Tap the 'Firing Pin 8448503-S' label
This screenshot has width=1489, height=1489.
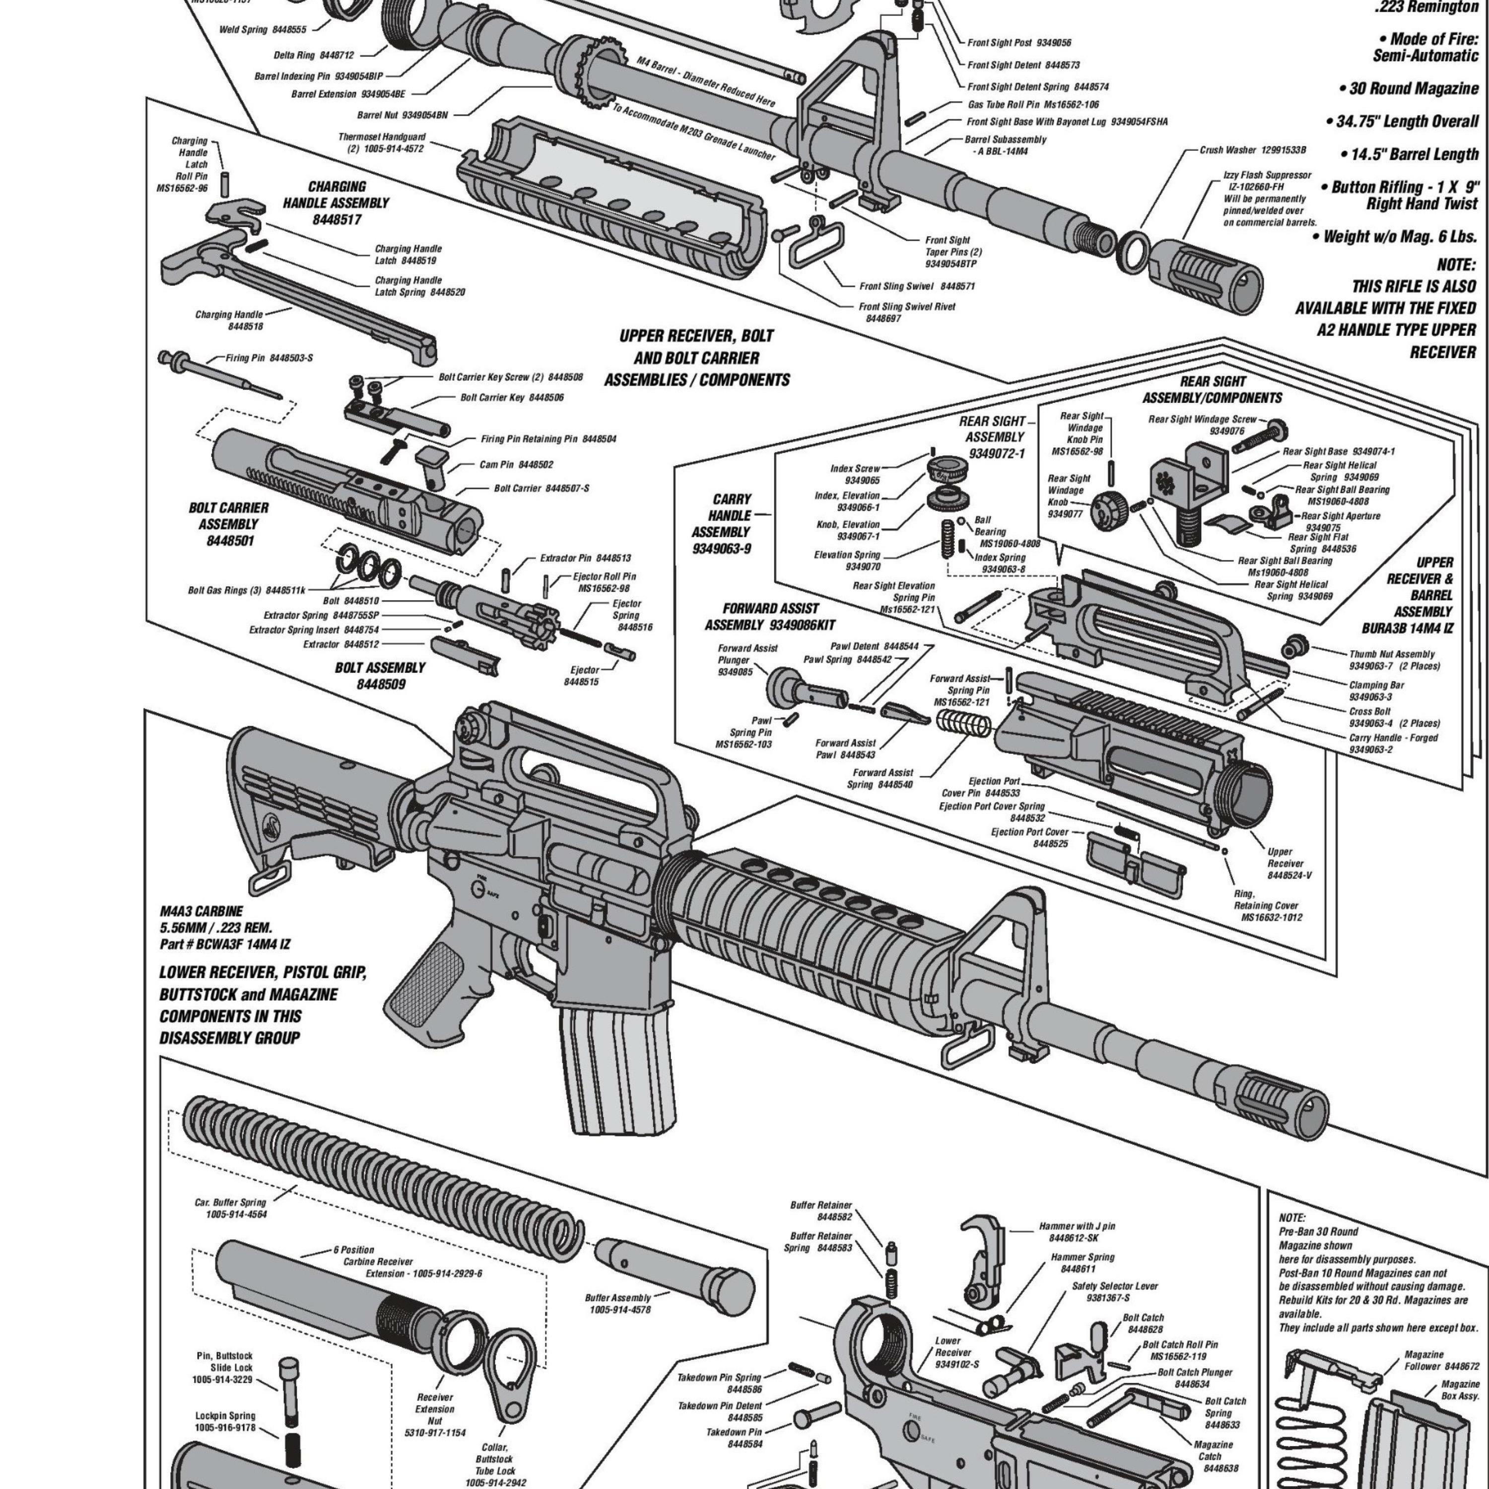[x=269, y=358]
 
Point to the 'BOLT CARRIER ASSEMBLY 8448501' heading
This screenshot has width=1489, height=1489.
[x=228, y=524]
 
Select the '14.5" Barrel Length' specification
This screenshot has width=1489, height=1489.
[x=1414, y=154]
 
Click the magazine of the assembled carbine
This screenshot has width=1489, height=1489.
[x=616, y=1071]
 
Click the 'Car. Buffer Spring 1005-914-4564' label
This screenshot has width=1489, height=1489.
[x=230, y=1208]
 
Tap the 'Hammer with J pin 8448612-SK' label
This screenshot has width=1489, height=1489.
[x=1077, y=1231]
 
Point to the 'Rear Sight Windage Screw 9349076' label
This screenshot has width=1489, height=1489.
[x=1202, y=425]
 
